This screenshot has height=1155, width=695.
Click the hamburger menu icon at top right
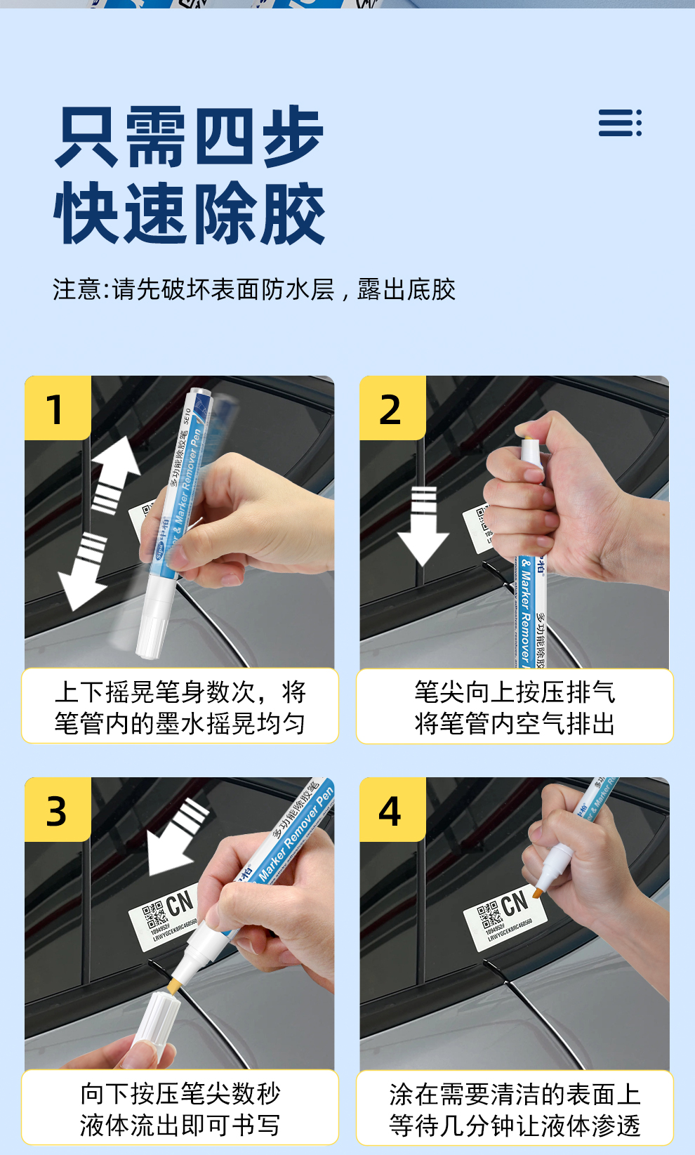[619, 123]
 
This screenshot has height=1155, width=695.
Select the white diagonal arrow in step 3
[176, 839]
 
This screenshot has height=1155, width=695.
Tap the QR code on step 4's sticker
[489, 916]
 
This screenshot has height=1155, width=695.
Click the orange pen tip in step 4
[538, 892]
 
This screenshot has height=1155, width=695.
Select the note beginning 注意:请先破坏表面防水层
[254, 289]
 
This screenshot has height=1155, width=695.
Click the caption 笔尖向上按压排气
[515, 692]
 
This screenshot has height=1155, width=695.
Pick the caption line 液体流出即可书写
[180, 1126]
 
